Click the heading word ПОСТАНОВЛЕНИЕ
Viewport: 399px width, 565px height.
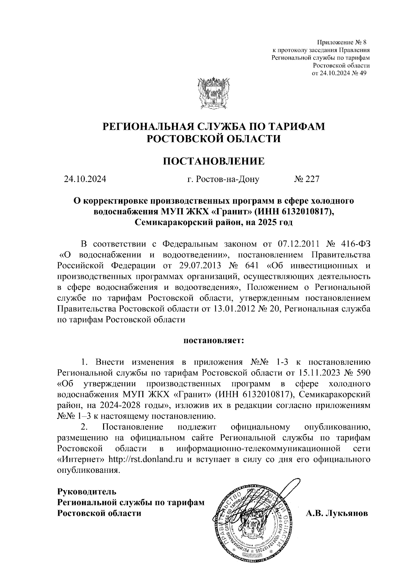[x=214, y=161]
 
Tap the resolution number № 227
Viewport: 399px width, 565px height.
[x=306, y=179]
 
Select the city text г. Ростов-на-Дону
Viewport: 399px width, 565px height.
[x=223, y=179]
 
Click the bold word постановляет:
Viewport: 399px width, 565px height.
[x=214, y=341]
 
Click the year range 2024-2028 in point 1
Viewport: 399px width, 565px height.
[x=119, y=406]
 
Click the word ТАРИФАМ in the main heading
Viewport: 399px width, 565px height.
[x=296, y=127]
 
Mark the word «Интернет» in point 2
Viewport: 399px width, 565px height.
[x=81, y=460]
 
